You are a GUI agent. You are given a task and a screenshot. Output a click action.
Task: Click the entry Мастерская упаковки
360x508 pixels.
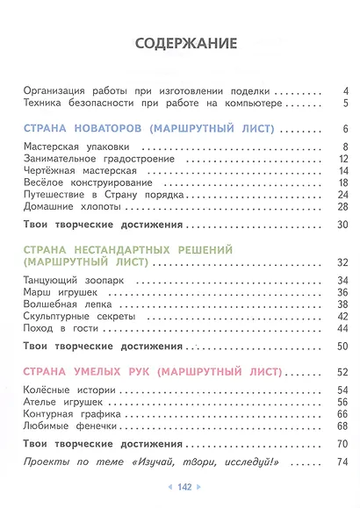77,146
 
